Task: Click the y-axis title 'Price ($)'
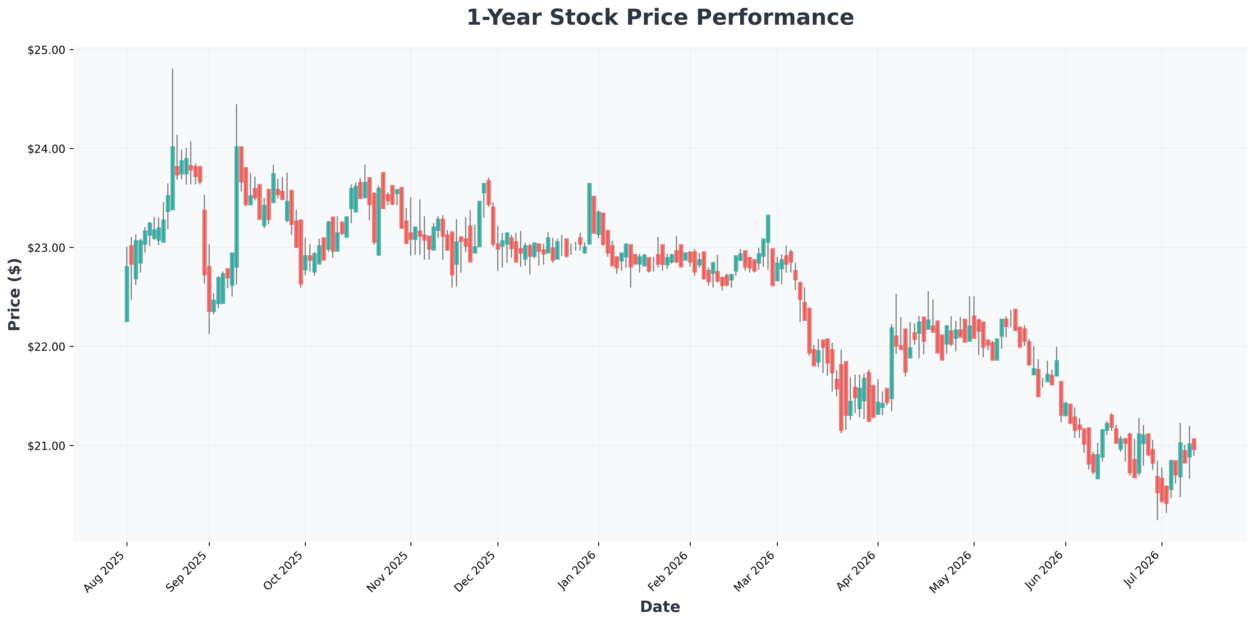pyautogui.click(x=15, y=295)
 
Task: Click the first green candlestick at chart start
pyautogui.click(x=127, y=294)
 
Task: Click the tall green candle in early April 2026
pyautogui.click(x=892, y=363)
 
